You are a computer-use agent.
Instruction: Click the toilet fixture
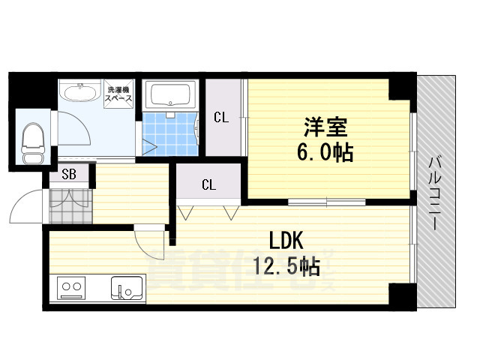pyautogui.click(x=32, y=141)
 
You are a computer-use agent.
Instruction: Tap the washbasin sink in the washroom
pyautogui.click(x=79, y=94)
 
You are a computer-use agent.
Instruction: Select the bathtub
pyautogui.click(x=172, y=96)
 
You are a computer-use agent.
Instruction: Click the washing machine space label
pyautogui.click(x=118, y=92)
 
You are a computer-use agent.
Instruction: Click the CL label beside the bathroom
pyautogui.click(x=220, y=117)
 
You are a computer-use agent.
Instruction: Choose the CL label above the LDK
pyautogui.click(x=208, y=184)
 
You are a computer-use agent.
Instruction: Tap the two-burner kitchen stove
pyautogui.click(x=70, y=287)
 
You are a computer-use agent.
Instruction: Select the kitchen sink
pyautogui.click(x=128, y=287)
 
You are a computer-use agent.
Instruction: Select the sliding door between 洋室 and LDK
pyautogui.click(x=326, y=201)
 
